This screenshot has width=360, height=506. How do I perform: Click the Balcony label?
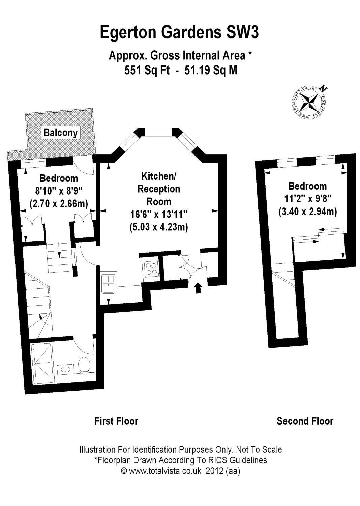(x=60, y=133)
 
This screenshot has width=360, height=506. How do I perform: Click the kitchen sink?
(x=108, y=283)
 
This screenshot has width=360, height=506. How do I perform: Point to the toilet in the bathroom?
(x=84, y=365)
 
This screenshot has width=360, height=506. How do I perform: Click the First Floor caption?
(x=116, y=421)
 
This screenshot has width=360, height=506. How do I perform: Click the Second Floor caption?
(x=305, y=421)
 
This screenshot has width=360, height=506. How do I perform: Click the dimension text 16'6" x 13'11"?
(x=158, y=214)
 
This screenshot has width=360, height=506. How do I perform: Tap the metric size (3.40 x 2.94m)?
(x=307, y=212)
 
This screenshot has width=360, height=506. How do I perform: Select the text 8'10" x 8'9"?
(x=59, y=191)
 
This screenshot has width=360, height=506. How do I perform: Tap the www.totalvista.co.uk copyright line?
(x=180, y=471)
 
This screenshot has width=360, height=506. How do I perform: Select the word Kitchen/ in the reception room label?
(x=158, y=176)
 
